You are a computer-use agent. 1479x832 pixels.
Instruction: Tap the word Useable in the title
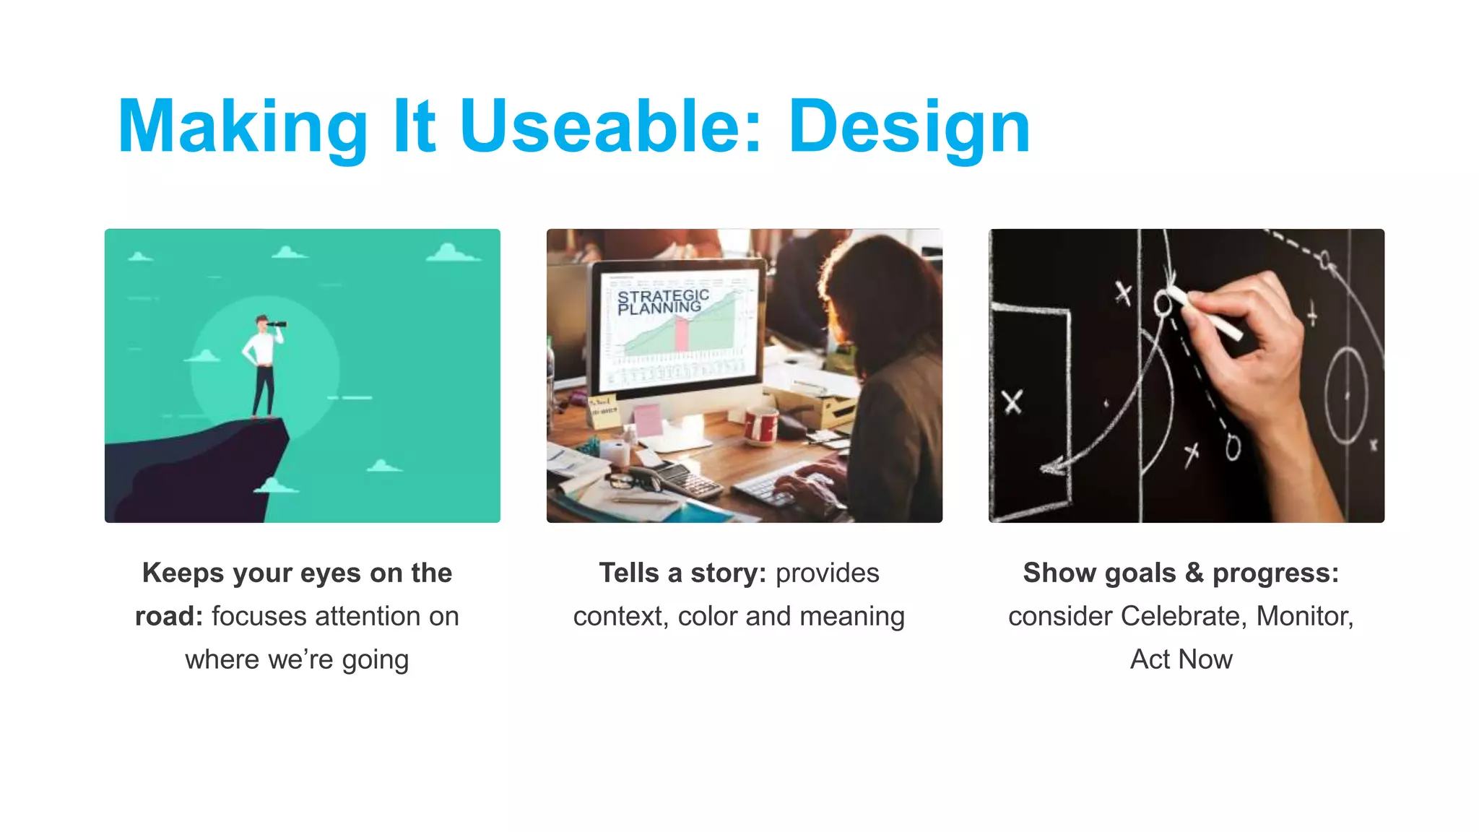tap(610, 127)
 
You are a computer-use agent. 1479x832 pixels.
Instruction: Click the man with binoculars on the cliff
tap(262, 365)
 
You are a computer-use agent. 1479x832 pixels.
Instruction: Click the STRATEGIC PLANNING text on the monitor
tap(662, 302)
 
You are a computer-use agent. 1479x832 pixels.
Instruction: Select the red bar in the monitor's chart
tap(681, 334)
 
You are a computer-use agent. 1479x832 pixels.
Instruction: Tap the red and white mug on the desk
tap(760, 426)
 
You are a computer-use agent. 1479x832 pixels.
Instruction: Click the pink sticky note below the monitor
tap(648, 419)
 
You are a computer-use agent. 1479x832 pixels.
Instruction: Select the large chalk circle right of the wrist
tap(1345, 396)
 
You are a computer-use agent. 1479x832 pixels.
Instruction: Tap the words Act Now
tap(1181, 659)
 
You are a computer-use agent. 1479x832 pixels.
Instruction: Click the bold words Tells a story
tap(682, 573)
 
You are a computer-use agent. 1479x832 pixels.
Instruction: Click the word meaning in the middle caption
tap(852, 616)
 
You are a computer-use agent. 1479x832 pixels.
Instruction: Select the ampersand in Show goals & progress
tap(1194, 573)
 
